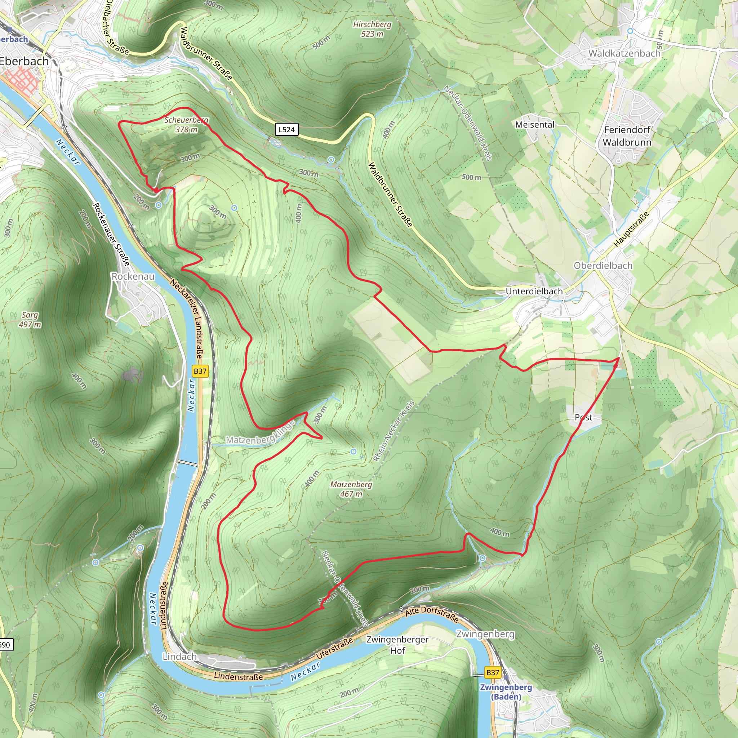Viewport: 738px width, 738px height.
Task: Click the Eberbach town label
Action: (x=24, y=61)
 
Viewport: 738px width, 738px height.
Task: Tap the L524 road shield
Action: (x=286, y=129)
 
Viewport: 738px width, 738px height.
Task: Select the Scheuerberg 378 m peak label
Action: (x=186, y=125)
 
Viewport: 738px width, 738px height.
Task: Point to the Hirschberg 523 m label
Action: (x=372, y=29)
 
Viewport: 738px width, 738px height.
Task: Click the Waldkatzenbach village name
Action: (x=624, y=53)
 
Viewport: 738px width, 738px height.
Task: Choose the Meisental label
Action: (x=534, y=125)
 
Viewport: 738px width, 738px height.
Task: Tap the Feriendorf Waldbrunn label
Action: (x=627, y=136)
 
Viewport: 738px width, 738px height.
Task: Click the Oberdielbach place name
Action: (x=603, y=266)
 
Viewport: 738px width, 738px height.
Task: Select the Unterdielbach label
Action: (x=534, y=292)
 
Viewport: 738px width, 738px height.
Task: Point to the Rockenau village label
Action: (x=133, y=276)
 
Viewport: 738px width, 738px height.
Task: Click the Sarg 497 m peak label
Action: (x=30, y=320)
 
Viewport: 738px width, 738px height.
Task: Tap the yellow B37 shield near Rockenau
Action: (x=200, y=371)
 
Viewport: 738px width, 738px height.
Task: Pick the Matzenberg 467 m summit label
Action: (x=351, y=489)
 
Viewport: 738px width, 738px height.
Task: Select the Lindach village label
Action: (x=179, y=656)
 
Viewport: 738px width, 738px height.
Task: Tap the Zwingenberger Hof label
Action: (x=397, y=645)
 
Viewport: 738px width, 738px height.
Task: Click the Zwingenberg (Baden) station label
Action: (x=506, y=692)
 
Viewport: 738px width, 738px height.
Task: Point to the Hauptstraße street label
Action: (x=631, y=229)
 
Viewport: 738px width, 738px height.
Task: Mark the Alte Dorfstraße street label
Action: (x=432, y=613)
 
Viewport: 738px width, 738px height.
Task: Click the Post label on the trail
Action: (x=583, y=418)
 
